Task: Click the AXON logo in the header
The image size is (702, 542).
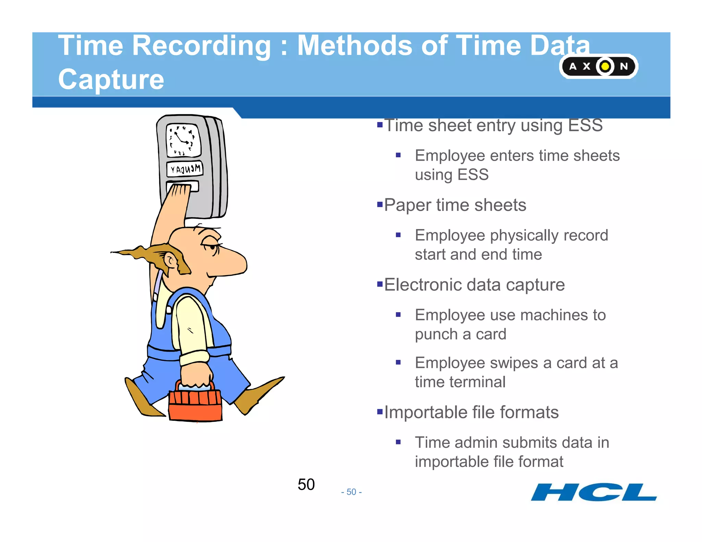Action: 598,66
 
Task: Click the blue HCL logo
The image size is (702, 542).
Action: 594,492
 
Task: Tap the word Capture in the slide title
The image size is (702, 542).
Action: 111,79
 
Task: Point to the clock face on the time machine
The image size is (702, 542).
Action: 183,140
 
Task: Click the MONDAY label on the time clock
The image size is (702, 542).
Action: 185,169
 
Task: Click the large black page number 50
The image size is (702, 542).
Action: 306,484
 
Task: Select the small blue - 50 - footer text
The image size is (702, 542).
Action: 351,492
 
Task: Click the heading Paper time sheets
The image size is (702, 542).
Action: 455,205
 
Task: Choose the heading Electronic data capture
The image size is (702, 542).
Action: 474,285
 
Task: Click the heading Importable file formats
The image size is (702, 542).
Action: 471,412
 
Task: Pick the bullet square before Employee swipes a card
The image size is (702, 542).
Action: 398,362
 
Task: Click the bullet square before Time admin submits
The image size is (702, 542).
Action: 398,442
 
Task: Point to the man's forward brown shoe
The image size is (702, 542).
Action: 261,394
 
